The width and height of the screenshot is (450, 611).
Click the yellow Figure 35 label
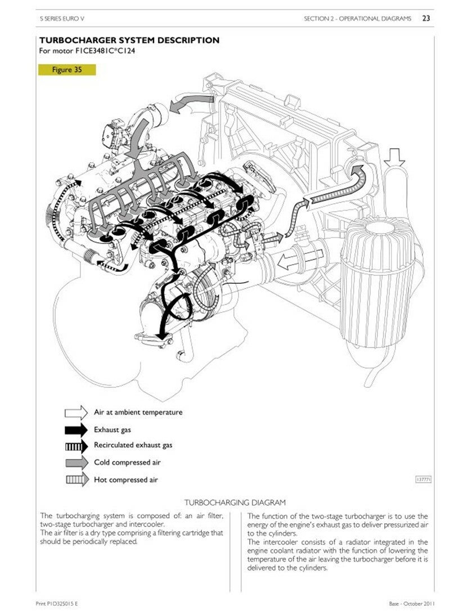click(66, 70)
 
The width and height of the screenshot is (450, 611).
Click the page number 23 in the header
click(426, 18)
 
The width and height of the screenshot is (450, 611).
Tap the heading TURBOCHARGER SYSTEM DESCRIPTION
click(129, 40)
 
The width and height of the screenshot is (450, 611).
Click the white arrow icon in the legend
click(76, 412)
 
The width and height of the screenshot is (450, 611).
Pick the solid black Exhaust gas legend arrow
click(76, 430)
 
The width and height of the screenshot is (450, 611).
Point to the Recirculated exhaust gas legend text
click(133, 445)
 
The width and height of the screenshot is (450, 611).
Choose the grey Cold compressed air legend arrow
click(77, 462)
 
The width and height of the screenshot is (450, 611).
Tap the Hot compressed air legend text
click(126, 480)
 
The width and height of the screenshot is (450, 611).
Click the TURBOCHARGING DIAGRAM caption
click(235, 503)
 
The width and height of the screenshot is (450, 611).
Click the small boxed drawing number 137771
click(424, 480)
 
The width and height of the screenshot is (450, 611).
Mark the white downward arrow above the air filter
click(394, 157)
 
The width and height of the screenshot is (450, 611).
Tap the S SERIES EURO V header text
click(62, 19)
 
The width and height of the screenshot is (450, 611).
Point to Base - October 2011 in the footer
click(411, 604)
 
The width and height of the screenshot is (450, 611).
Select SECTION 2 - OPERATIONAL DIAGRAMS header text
click(357, 19)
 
